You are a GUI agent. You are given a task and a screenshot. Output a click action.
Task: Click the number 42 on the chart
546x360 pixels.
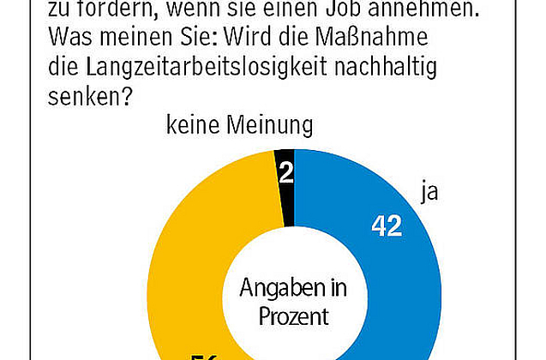pyautogui.click(x=387, y=225)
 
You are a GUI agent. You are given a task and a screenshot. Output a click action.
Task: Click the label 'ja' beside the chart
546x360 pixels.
pyautogui.click(x=429, y=191)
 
